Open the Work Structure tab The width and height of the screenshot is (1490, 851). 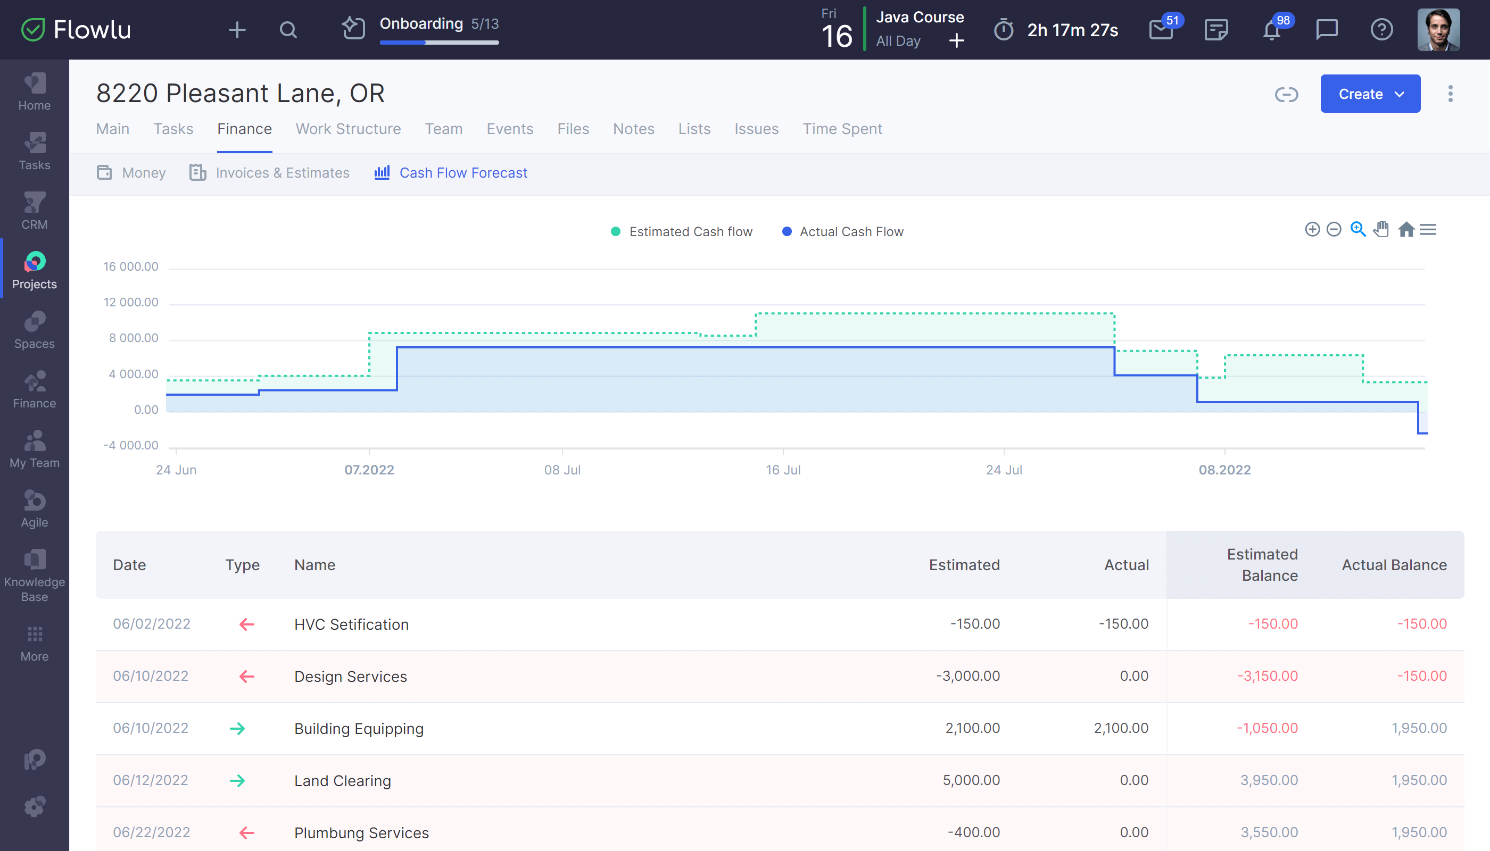pyautogui.click(x=348, y=129)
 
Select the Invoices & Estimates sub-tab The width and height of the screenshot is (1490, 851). pyautogui.click(x=282, y=173)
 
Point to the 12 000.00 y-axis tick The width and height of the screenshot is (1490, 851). pyautogui.click(x=131, y=302)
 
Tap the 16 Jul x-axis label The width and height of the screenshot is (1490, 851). pyautogui.click(x=782, y=470)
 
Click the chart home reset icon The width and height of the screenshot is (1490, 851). pyautogui.click(x=1406, y=229)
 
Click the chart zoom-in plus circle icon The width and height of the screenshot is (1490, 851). pyautogui.click(x=1312, y=229)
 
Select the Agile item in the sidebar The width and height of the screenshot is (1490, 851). pyautogui.click(x=35, y=509)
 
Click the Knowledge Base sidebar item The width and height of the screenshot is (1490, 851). pyautogui.click(x=35, y=575)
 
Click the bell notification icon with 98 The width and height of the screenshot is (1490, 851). pyautogui.click(x=1271, y=30)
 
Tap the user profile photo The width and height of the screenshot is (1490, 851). pyautogui.click(x=1438, y=30)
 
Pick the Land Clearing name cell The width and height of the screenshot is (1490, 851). pyautogui.click(x=343, y=781)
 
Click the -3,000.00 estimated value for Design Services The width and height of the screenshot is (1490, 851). pyautogui.click(x=968, y=676)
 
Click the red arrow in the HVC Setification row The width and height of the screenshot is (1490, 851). pyautogui.click(x=247, y=624)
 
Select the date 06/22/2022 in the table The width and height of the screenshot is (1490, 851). pyautogui.click(x=152, y=832)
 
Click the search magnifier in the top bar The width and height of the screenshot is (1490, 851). pyautogui.click(x=288, y=30)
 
